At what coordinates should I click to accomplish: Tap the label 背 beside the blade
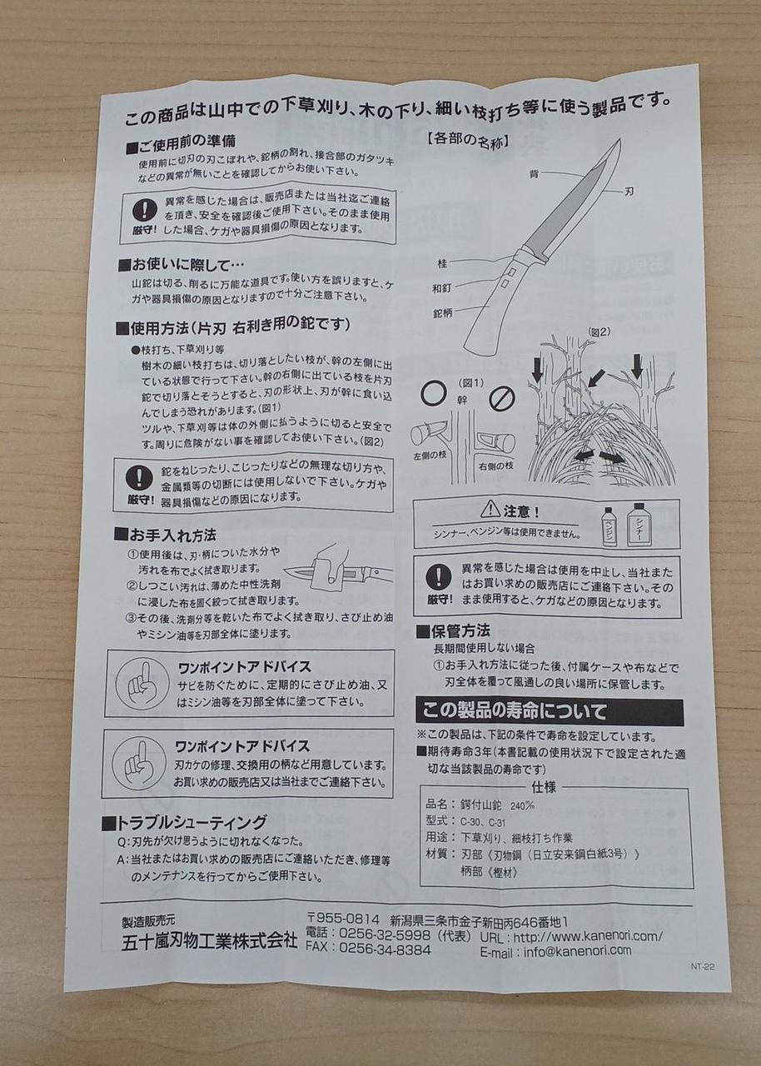tap(535, 175)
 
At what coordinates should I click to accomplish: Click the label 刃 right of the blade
tap(629, 192)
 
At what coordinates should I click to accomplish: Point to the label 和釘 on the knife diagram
tap(442, 287)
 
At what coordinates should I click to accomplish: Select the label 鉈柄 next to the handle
tap(442, 313)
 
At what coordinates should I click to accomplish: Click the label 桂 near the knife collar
tap(442, 262)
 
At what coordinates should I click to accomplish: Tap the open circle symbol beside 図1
tap(434, 394)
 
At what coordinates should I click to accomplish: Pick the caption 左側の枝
tap(430, 455)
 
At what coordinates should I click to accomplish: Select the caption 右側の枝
tap(496, 466)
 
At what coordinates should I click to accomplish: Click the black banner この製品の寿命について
tap(550, 711)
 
